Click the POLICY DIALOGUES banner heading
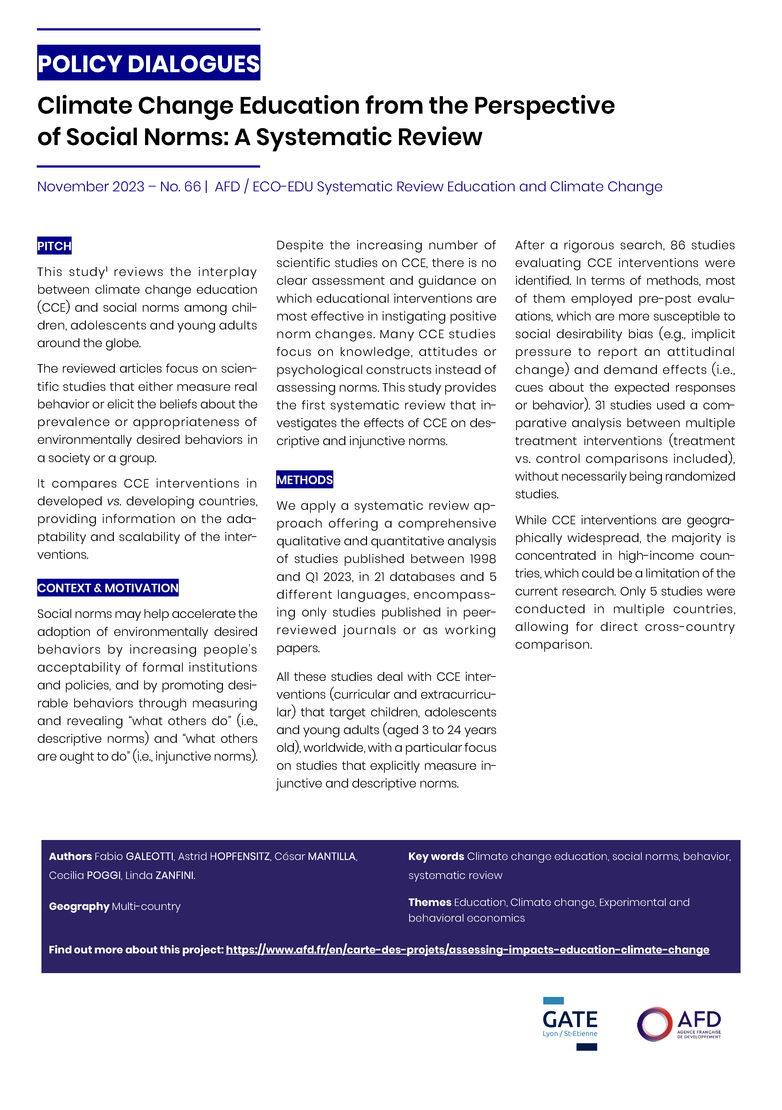click(148, 63)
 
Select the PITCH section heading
click(54, 246)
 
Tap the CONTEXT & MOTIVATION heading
click(108, 588)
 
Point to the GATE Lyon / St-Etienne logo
click(570, 1023)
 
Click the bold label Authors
click(70, 856)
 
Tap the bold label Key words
click(436, 856)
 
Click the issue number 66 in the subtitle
click(192, 187)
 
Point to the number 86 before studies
click(678, 245)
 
